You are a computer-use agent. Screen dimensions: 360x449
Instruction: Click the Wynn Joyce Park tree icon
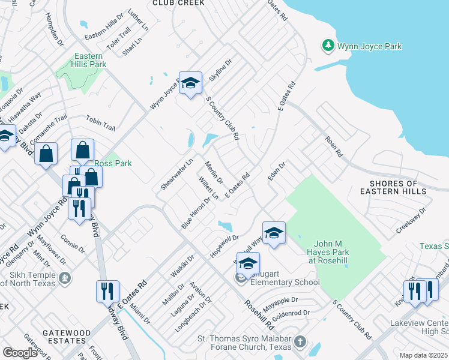click(x=328, y=46)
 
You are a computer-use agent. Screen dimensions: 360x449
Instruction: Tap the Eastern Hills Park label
click(x=91, y=60)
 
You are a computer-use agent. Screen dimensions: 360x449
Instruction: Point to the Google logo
click(x=20, y=353)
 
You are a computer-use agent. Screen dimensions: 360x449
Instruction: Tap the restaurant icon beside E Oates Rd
click(x=108, y=291)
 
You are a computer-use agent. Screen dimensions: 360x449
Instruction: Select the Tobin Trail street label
click(x=100, y=122)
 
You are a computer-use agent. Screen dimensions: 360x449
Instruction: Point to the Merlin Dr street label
click(x=214, y=173)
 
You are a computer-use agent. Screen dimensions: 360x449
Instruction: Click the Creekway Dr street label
click(x=411, y=220)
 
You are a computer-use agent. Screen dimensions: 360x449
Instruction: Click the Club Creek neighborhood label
click(x=178, y=3)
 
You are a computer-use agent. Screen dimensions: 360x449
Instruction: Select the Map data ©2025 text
click(x=423, y=355)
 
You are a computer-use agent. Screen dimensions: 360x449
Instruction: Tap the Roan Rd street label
click(x=333, y=146)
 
